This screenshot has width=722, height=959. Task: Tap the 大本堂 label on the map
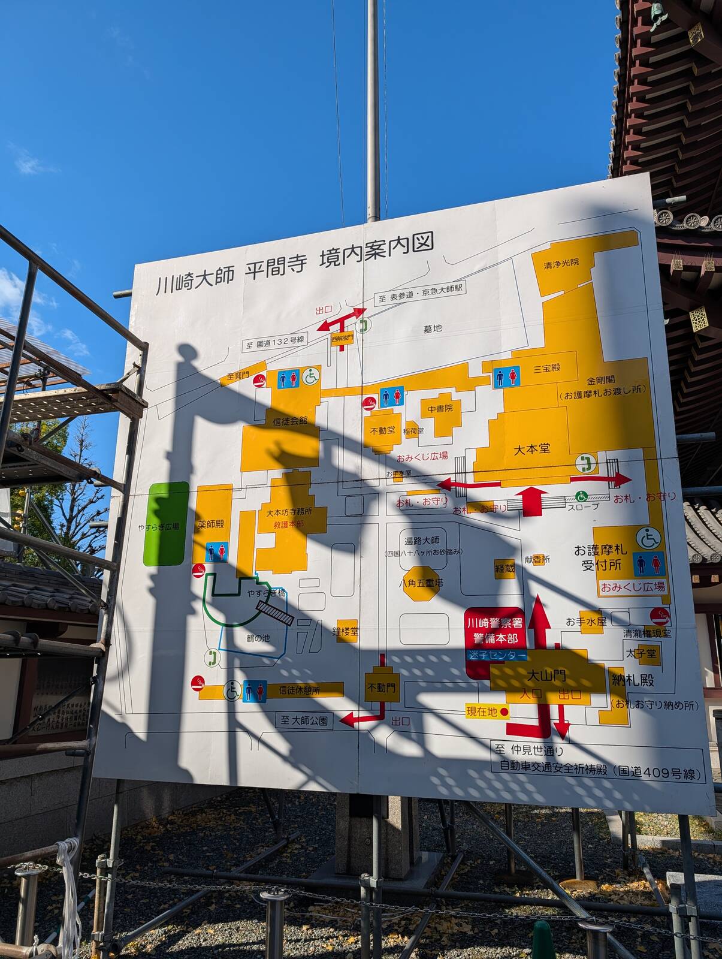(532, 448)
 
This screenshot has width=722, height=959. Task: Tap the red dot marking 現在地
(505, 712)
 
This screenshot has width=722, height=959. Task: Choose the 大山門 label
(545, 676)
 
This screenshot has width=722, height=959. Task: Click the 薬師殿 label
(211, 524)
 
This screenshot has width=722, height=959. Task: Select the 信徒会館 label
(290, 421)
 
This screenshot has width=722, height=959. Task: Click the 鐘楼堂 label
(346, 631)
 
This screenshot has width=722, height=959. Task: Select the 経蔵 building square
(505, 568)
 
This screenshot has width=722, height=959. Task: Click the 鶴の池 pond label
(258, 638)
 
